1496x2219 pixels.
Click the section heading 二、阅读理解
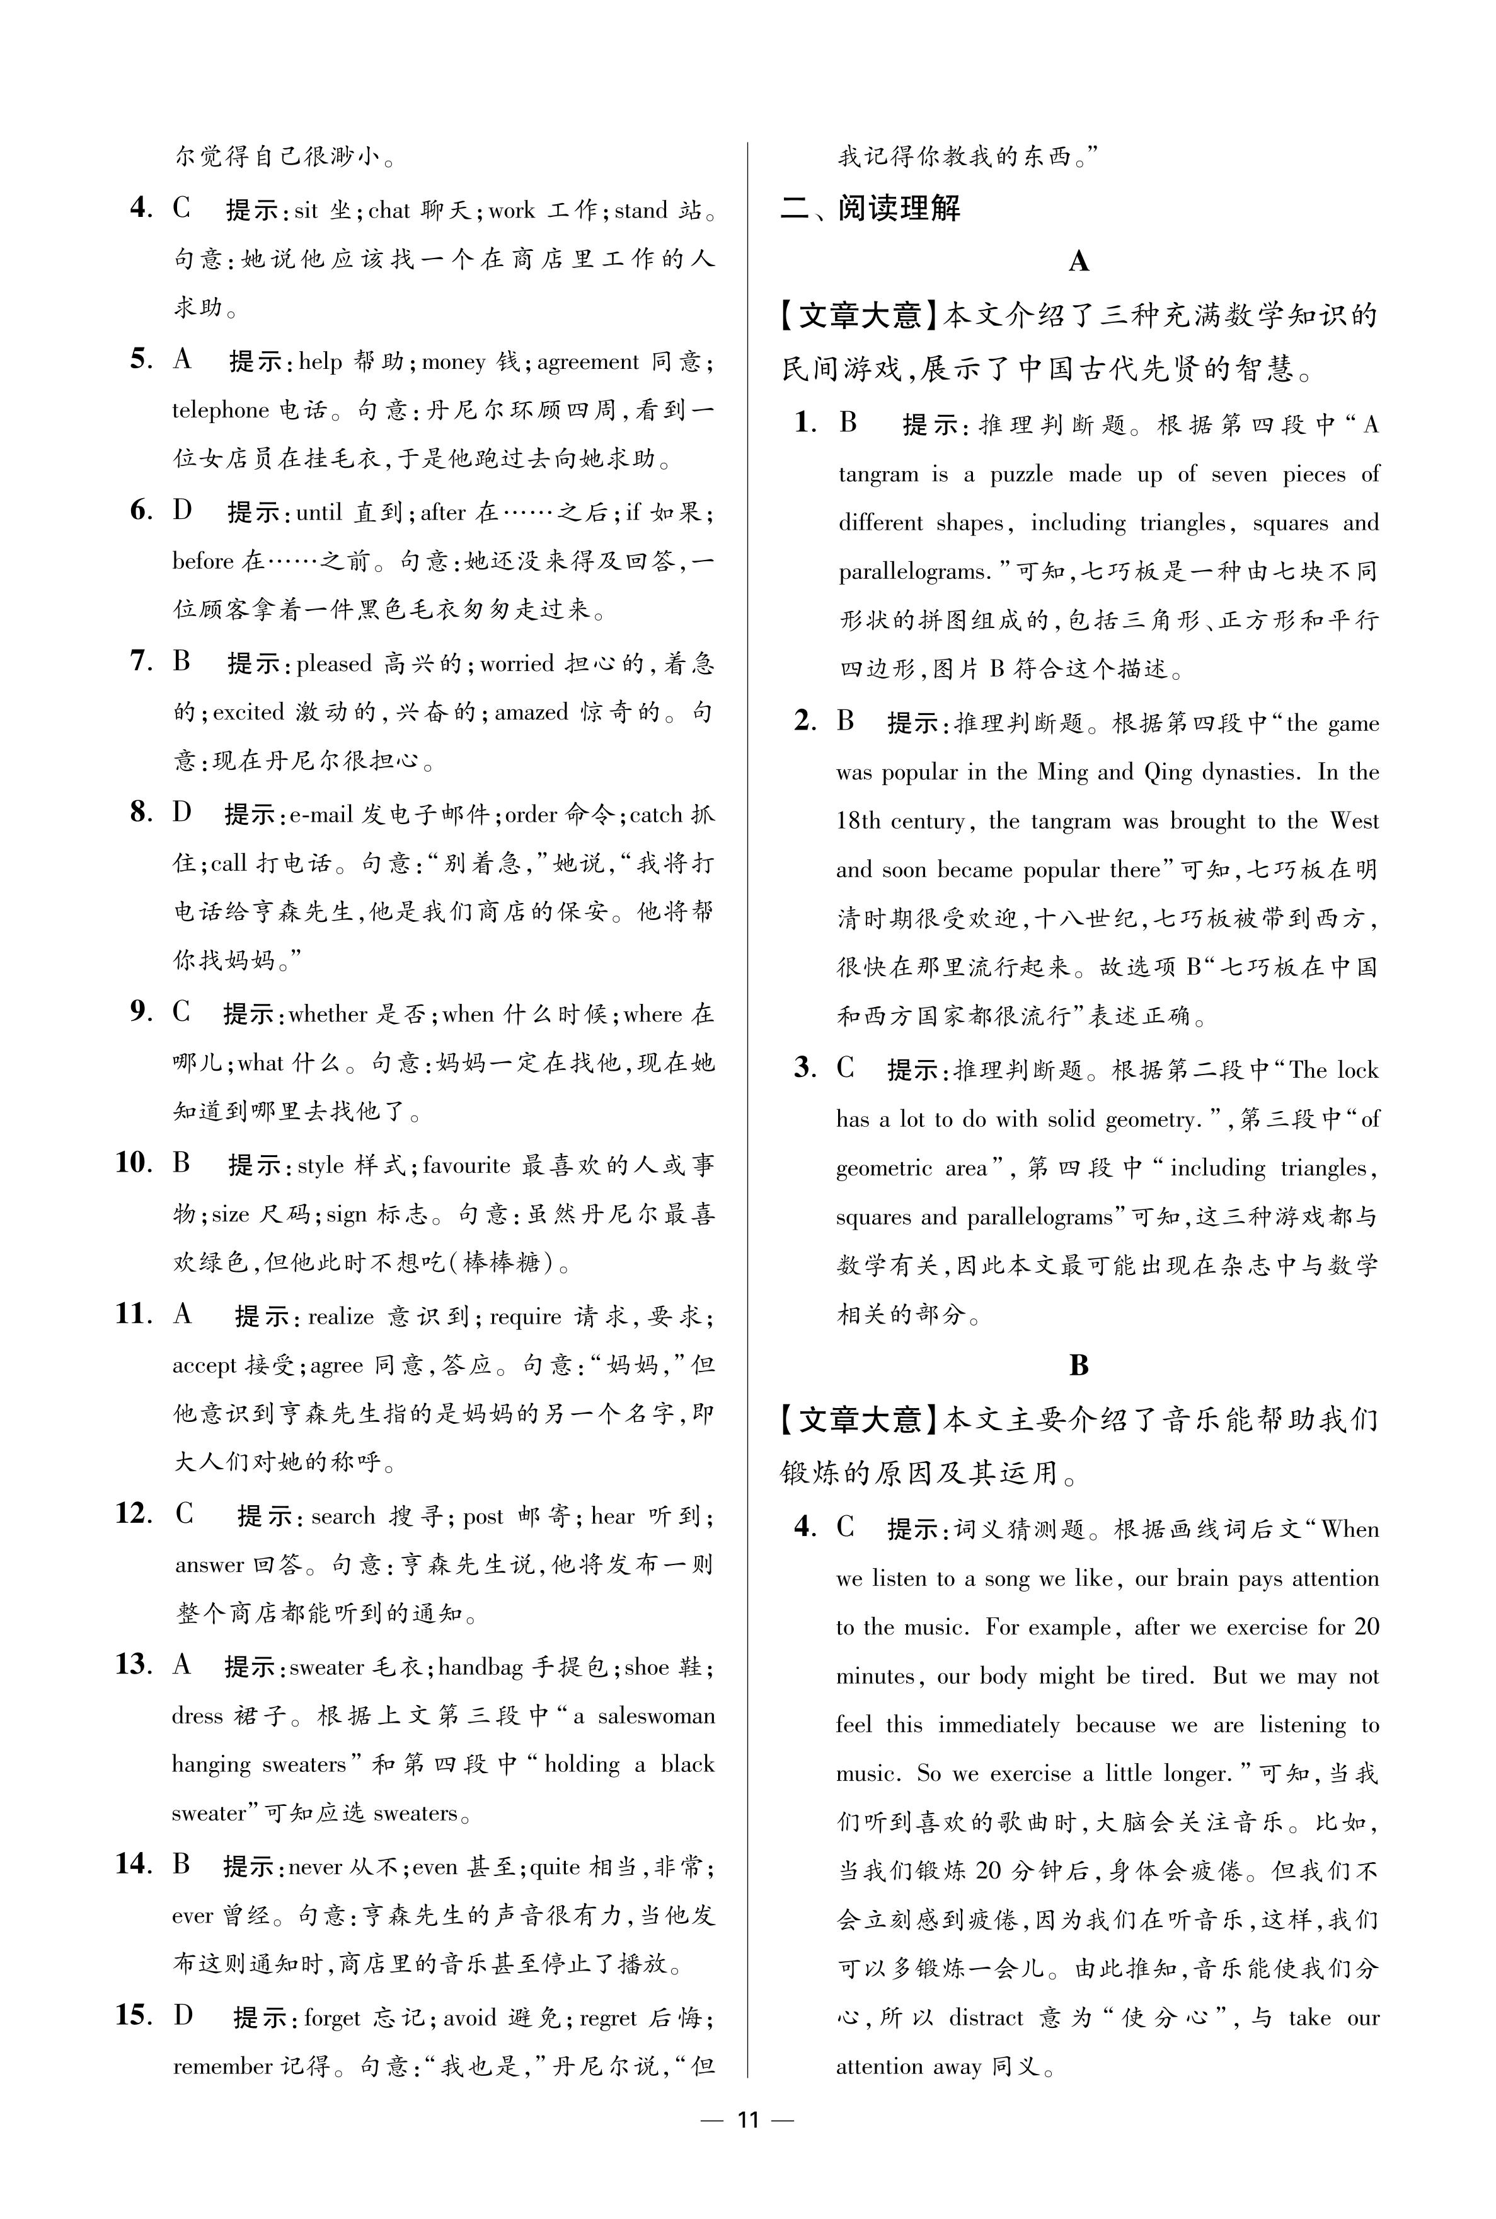870,208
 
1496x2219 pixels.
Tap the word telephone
221,411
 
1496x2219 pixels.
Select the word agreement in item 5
588,362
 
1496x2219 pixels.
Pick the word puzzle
1021,474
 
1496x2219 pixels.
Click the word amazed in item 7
531,711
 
